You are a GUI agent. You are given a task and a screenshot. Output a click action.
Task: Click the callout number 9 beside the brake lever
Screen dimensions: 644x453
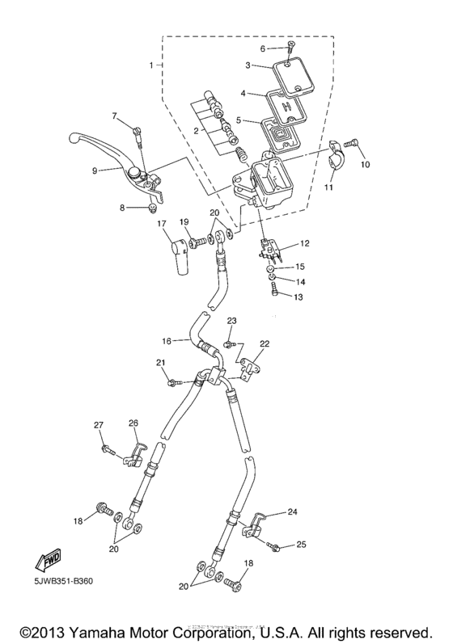pyautogui.click(x=95, y=170)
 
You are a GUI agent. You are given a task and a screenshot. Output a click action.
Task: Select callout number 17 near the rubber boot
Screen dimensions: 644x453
pyautogui.click(x=162, y=224)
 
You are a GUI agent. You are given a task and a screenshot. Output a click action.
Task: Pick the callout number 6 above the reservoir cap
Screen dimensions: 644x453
pyautogui.click(x=263, y=48)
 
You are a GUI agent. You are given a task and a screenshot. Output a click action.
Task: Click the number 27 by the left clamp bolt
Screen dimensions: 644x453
pyautogui.click(x=99, y=425)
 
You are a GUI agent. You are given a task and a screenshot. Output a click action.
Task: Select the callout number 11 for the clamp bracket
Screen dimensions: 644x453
pyautogui.click(x=328, y=188)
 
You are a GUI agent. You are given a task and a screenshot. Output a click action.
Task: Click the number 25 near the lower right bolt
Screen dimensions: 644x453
pyautogui.click(x=302, y=545)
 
